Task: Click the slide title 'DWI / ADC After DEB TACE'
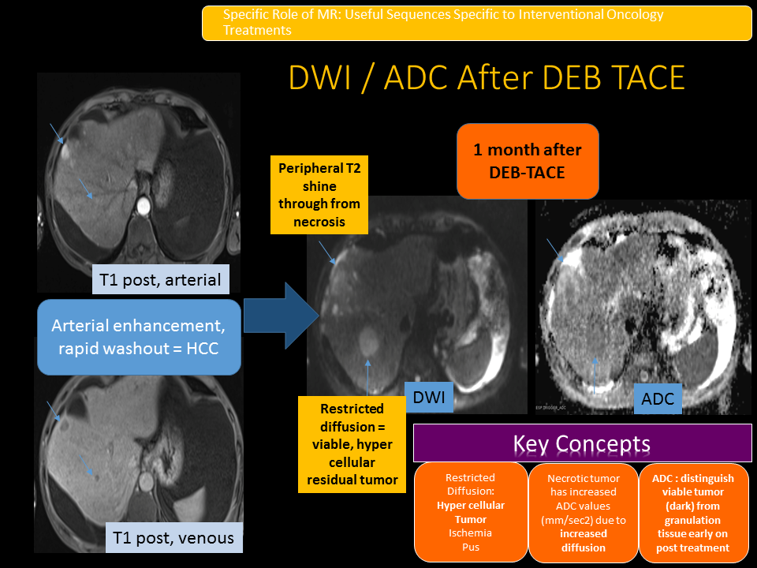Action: click(487, 78)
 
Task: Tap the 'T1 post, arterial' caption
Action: click(159, 279)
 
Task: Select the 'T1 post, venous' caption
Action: click(173, 538)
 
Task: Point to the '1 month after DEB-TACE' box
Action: click(528, 160)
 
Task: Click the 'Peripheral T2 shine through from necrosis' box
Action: click(319, 195)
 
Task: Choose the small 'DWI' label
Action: click(430, 398)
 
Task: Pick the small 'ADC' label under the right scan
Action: click(658, 399)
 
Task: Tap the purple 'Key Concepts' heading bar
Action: click(581, 443)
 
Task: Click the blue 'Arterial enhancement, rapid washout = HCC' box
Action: click(139, 336)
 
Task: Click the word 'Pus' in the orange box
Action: click(470, 547)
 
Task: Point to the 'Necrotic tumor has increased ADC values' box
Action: click(583, 512)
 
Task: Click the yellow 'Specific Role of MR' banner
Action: click(476, 23)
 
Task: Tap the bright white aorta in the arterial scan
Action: click(143, 207)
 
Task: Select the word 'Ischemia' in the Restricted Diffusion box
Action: click(470, 532)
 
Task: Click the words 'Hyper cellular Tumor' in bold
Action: click(470, 512)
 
